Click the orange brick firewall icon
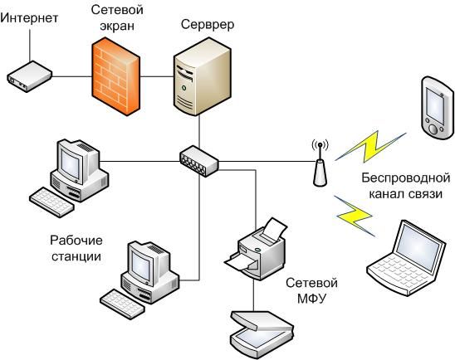tap(115, 76)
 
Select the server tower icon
tap(203, 76)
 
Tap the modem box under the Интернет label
tap(29, 76)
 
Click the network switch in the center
tap(198, 161)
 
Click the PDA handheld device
tap(438, 108)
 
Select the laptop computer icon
tap(406, 258)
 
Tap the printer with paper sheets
tap(257, 249)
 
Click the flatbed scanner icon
tap(262, 334)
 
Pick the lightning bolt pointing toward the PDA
tap(370, 147)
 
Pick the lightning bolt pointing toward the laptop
tap(355, 216)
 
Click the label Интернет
tap(29, 18)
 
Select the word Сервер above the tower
tap(208, 24)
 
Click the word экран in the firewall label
tap(117, 26)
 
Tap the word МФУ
tap(312, 298)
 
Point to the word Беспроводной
tap(406, 178)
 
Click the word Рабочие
tap(76, 241)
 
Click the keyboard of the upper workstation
tap(51, 202)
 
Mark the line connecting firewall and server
tap(157, 76)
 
